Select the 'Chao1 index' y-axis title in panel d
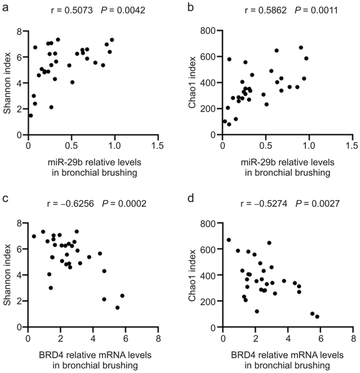[x=194, y=275]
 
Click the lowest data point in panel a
[x=30, y=116]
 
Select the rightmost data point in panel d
[x=317, y=317]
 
